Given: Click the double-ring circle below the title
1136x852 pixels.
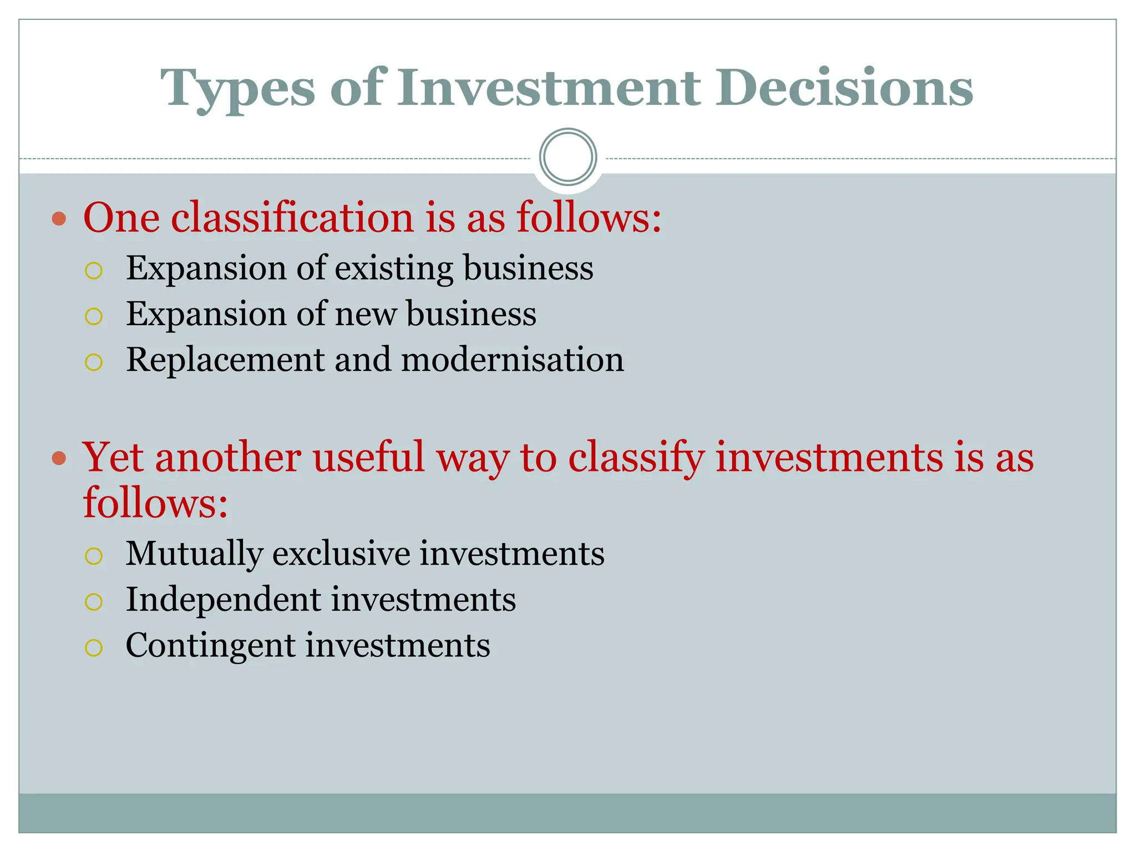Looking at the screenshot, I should (x=567, y=157).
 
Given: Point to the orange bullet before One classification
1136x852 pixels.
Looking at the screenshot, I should (x=59, y=219).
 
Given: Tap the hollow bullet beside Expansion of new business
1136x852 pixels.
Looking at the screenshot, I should (x=94, y=316).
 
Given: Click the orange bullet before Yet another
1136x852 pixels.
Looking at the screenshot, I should (x=59, y=459).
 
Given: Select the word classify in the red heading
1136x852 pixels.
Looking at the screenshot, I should (x=636, y=458).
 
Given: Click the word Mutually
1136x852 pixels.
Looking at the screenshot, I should (x=194, y=554).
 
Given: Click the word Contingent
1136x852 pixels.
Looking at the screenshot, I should (x=210, y=646).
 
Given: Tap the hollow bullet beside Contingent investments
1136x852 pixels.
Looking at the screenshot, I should (x=94, y=647).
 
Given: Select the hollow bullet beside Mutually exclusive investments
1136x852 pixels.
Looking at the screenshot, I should (x=94, y=556).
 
